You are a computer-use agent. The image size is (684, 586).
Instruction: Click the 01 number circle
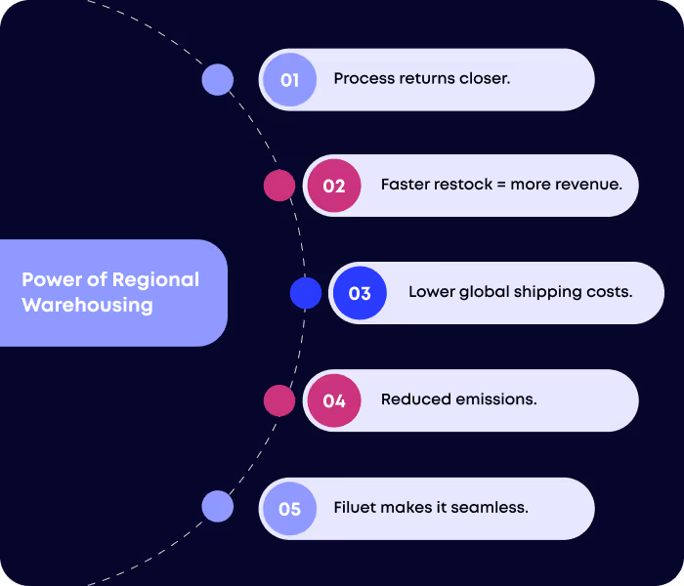[x=289, y=80]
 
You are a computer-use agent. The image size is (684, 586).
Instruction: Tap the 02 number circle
[x=334, y=186]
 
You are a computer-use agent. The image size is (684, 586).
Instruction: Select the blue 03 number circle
[x=360, y=293]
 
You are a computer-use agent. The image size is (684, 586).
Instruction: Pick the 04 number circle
[x=334, y=400]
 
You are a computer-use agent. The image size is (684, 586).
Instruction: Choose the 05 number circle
[x=289, y=508]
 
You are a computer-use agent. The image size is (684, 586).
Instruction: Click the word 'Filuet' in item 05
[x=355, y=508]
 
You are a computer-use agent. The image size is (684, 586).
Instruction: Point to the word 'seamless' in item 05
[x=494, y=508]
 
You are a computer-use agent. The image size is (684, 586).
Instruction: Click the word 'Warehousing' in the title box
[x=88, y=305]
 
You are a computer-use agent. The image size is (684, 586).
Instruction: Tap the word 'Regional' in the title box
[x=155, y=279]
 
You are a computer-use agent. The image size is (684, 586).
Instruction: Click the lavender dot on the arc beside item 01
[x=217, y=79]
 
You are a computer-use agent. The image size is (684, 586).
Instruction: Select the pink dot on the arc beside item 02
[x=279, y=186]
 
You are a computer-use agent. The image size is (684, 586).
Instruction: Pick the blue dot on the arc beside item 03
[x=306, y=293]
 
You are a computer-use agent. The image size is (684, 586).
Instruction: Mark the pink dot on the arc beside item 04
[x=279, y=400]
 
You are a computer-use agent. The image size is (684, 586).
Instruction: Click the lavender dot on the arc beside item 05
[x=217, y=507]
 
